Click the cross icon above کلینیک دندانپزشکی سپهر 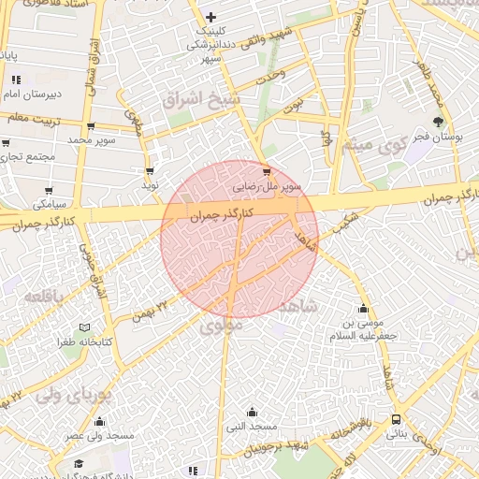pos(210,17)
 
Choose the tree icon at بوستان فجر pos(439,121)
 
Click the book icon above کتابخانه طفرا pos(85,327)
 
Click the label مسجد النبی pos(251,427)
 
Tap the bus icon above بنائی pos(397,419)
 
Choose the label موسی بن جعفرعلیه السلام pos(363,328)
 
